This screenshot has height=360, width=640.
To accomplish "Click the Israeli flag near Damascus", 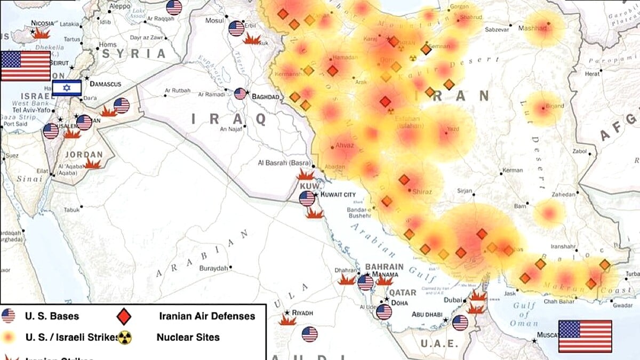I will pos(67,87).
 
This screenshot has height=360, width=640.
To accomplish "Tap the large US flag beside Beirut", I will pos(26,66).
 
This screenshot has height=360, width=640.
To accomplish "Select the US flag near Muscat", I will pos(585,336).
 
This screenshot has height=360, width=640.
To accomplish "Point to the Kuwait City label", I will pos(337,195).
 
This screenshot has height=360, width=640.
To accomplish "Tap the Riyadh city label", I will pos(302,313).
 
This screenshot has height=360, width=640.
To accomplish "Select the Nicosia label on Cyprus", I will pos(43,23).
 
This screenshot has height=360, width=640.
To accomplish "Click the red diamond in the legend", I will pos(124,316).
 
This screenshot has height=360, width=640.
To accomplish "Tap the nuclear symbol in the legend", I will pos(124,337).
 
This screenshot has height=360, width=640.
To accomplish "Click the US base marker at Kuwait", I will pos(307,198).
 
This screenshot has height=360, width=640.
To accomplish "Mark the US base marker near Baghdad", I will pos(241,94).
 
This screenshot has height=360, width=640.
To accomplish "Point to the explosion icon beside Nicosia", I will pos(41,33).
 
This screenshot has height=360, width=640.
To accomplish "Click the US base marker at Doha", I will pos(383,311).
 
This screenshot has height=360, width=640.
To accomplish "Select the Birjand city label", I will pos(554,106).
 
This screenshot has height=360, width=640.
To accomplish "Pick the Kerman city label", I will pos(513,170).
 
